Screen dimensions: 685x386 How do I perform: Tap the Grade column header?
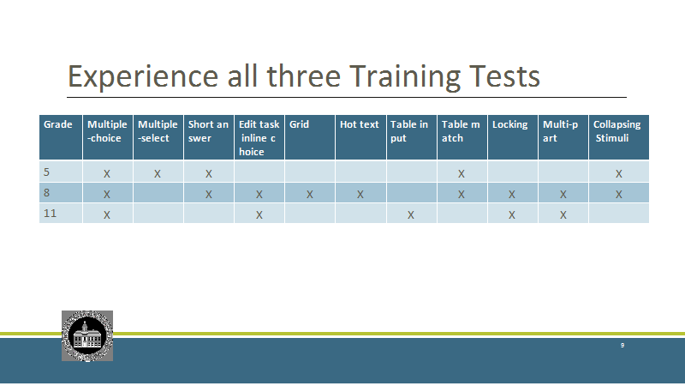tap(61, 137)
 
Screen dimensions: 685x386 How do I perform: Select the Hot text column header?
tap(360, 137)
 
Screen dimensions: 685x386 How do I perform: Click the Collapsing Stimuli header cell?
tap(618, 137)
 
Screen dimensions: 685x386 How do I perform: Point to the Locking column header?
tap(512, 137)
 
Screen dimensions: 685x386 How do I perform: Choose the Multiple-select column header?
tap(158, 137)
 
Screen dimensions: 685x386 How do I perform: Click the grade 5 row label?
tap(46, 172)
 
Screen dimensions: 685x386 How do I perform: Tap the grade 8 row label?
tap(46, 192)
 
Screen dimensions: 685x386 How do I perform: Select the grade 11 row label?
tap(50, 213)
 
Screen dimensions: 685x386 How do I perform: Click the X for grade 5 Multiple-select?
tap(158, 174)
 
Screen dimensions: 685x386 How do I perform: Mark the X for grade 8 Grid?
tap(310, 195)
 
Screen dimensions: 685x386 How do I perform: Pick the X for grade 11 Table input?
tap(411, 215)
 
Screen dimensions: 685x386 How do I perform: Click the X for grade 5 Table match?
tap(462, 174)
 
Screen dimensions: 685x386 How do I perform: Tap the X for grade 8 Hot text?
tap(360, 195)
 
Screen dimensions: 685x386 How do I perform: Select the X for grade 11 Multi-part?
tap(563, 215)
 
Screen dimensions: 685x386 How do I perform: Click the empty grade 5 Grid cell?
tap(310, 172)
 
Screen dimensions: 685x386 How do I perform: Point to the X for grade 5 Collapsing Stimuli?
tap(619, 174)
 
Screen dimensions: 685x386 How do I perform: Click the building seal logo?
tap(87, 336)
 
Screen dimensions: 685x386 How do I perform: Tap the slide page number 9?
tap(622, 346)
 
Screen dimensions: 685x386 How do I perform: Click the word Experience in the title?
tap(143, 77)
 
